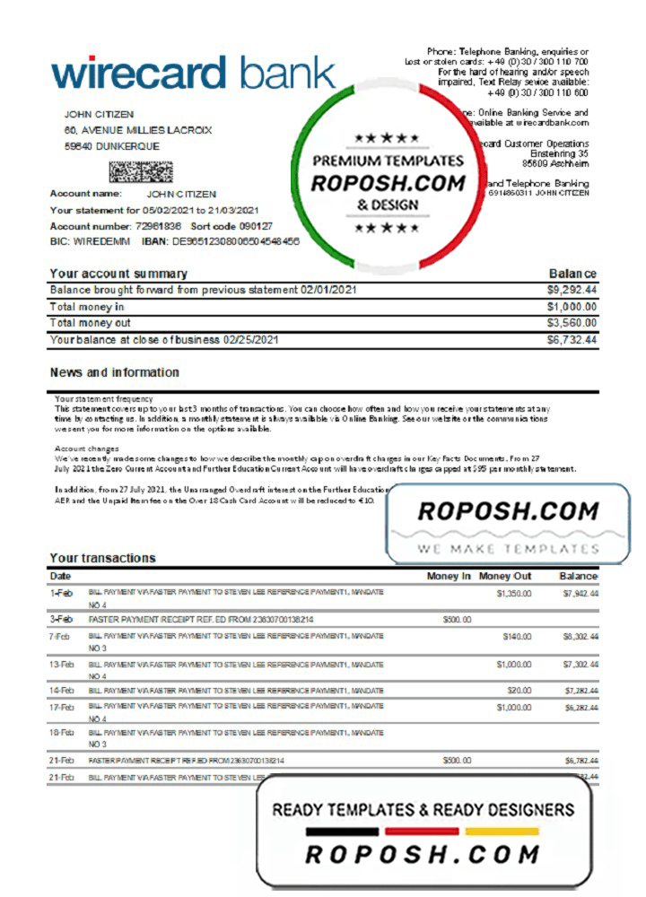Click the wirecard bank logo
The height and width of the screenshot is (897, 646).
pos(193,72)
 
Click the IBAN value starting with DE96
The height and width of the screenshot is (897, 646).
pos(236,242)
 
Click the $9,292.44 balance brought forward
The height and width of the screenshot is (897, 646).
pos(572,291)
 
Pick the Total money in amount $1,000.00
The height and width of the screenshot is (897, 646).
pos(572,307)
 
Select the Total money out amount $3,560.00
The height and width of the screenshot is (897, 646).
pos(572,323)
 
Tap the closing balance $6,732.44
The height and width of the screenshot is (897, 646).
pos(572,340)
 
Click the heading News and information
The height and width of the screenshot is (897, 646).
pos(114,372)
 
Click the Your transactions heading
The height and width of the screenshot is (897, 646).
pos(102,558)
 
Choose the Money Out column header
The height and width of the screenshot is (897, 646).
pos(505,576)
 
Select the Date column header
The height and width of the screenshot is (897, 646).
pos(60,576)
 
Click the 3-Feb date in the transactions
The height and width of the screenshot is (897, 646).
pos(61,619)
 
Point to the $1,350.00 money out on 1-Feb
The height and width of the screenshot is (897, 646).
pos(513,593)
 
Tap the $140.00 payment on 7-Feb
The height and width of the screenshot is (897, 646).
pos(517,636)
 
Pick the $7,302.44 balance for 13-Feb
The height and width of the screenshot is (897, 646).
pos(581,664)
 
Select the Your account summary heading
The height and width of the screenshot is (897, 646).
pos(118,274)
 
